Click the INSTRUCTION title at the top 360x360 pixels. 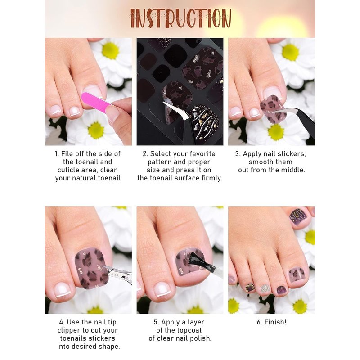(x=181, y=18)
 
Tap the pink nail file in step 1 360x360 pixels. (x=96, y=102)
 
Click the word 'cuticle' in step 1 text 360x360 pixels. (x=68, y=170)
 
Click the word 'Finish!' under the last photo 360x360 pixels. (x=275, y=322)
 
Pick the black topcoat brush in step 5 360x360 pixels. (x=200, y=261)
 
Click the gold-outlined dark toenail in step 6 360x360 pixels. (x=250, y=288)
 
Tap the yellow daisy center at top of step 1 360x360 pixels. (x=110, y=51)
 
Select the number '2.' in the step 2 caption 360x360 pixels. (x=145, y=154)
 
